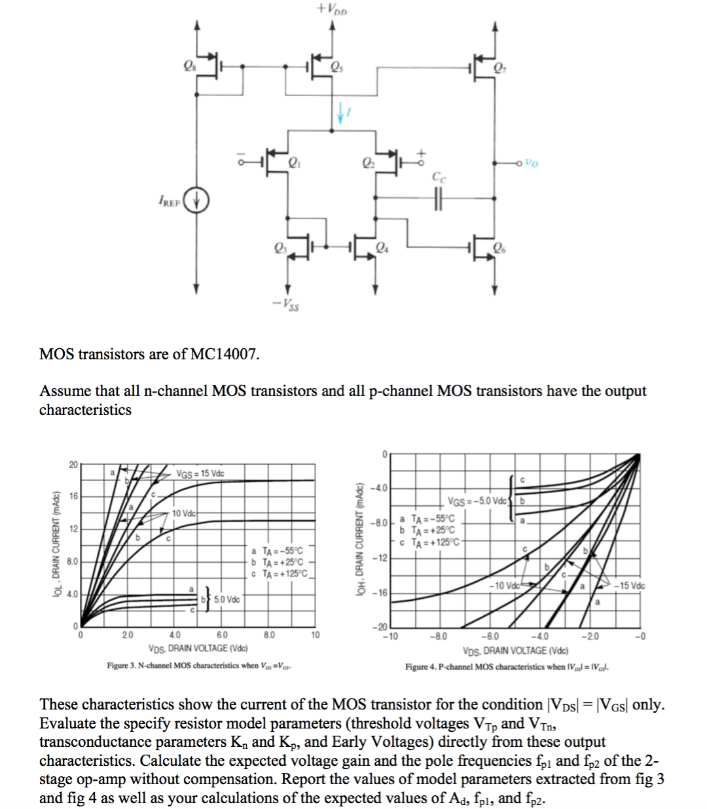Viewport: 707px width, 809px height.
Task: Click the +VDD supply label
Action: (332, 9)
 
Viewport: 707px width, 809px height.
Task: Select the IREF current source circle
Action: (196, 200)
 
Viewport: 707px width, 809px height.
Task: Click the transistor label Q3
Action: (281, 247)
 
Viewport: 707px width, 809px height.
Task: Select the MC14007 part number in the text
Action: (224, 354)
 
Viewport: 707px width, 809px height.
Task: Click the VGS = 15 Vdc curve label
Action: (200, 473)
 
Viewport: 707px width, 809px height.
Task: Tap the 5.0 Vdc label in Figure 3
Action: (227, 600)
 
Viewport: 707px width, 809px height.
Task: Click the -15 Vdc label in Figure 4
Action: (629, 585)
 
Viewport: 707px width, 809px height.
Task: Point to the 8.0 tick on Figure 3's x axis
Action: (269, 635)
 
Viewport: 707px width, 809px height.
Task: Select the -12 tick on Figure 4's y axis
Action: (380, 558)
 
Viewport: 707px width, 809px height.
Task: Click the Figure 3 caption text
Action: (199, 666)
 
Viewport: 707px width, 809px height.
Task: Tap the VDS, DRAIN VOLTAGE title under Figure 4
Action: (515, 651)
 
